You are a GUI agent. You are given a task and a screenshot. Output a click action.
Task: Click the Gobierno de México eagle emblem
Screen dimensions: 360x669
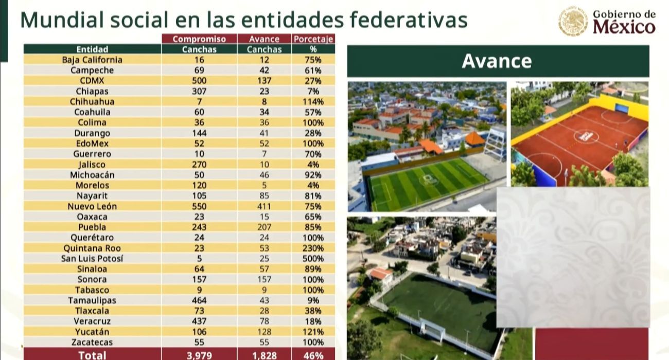573,21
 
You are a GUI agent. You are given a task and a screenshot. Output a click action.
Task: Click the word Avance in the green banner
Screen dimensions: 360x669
496,61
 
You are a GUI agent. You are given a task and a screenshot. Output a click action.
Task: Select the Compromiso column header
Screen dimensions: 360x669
199,39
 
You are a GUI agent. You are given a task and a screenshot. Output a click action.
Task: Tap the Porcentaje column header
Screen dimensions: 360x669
313,39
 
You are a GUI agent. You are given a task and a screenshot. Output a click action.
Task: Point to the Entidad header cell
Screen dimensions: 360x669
92,49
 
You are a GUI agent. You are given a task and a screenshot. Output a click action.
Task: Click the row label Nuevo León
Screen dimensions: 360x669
92,206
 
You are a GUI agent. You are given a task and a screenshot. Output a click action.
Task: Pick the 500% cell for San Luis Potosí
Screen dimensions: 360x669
313,259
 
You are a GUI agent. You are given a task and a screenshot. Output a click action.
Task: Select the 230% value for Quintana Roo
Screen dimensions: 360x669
313,248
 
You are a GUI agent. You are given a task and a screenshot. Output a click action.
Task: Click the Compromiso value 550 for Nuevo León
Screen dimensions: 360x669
199,206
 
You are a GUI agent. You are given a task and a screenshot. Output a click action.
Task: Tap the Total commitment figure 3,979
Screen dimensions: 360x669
199,355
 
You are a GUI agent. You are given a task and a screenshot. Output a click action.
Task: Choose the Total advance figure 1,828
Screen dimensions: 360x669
264,355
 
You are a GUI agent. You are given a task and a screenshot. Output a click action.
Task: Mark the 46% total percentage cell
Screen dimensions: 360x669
313,355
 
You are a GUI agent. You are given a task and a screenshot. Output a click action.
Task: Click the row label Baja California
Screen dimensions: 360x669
92,60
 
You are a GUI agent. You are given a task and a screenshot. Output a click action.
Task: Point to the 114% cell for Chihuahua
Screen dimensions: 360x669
313,102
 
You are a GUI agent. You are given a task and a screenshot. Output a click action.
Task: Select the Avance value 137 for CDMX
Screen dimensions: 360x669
264,81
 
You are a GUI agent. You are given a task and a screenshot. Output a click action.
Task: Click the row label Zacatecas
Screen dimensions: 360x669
92,342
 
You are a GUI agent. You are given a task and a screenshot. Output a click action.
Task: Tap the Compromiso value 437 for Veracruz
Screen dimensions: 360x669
199,321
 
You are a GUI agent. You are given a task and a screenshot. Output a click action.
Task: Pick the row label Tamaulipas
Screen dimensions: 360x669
92,300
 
